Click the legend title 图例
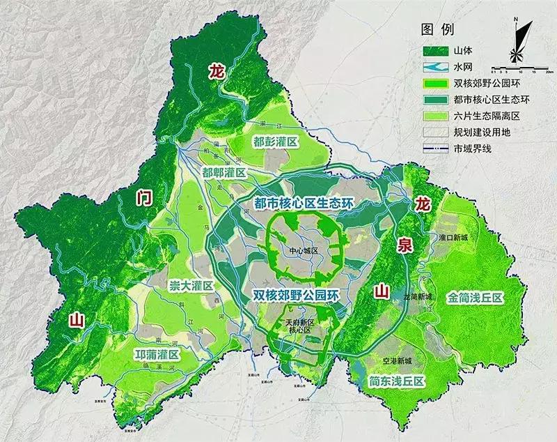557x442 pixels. (438, 30)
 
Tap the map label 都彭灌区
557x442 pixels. (276, 142)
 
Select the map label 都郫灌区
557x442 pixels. (224, 172)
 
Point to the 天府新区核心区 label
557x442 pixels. (301, 327)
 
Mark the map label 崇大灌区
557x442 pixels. (190, 286)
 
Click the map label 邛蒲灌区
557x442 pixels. (157, 355)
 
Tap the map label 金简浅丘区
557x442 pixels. (476, 298)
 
